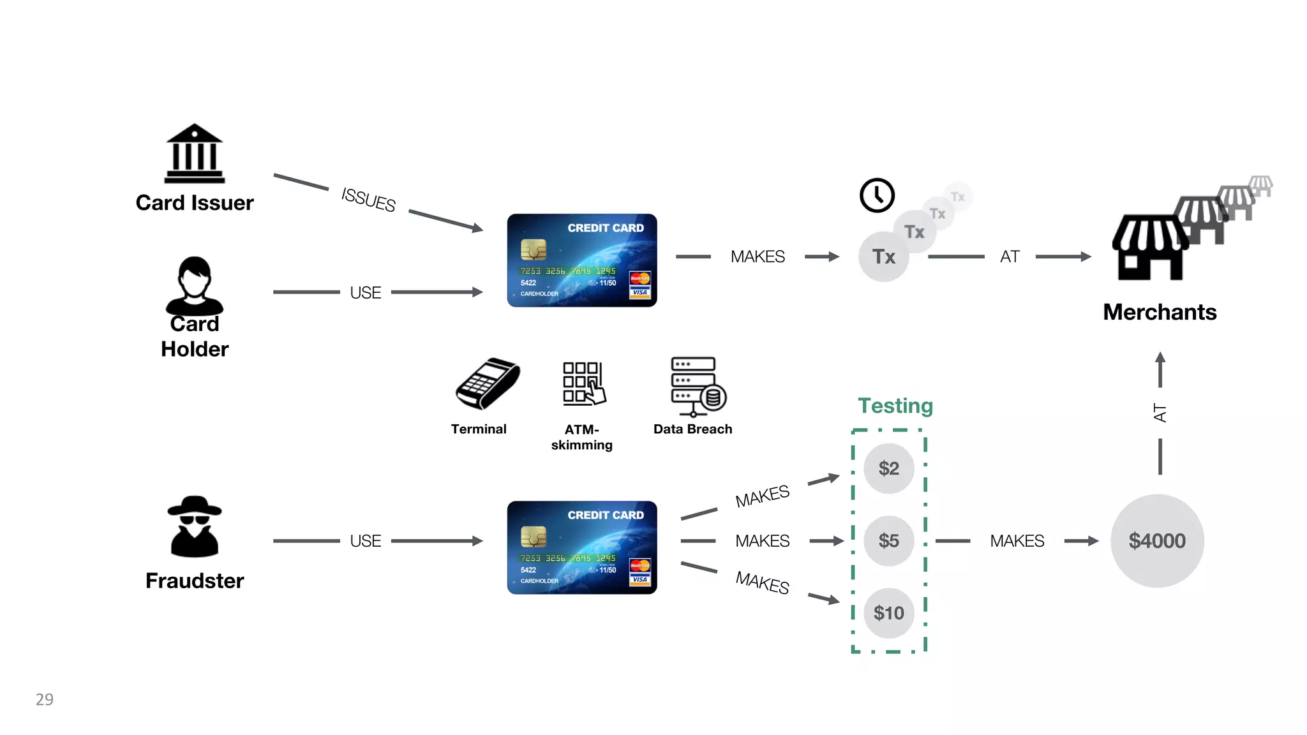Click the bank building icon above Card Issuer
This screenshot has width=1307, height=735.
tap(195, 154)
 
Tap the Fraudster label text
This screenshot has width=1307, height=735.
tap(195, 581)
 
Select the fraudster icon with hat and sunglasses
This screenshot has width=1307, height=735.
tap(195, 526)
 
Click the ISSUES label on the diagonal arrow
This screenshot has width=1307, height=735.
tap(368, 200)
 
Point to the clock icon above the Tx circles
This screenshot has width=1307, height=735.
tap(877, 195)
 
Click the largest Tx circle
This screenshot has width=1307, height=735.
tap(884, 256)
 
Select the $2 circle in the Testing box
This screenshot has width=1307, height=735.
tap(888, 468)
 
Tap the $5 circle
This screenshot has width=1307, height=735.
tap(888, 541)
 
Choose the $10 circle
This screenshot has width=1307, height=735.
tap(888, 613)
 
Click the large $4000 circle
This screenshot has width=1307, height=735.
tap(1157, 541)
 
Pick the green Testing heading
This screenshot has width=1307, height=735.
tap(895, 406)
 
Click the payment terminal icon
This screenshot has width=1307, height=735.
tap(488, 383)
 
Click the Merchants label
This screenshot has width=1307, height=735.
tap(1160, 312)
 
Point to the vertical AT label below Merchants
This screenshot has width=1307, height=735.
tap(1160, 413)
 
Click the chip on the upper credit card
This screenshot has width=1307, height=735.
tap(533, 249)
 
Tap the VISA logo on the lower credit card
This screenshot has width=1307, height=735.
tap(639, 579)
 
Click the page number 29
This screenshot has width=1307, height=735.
tap(45, 699)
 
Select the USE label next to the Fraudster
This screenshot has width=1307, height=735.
tap(365, 541)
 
